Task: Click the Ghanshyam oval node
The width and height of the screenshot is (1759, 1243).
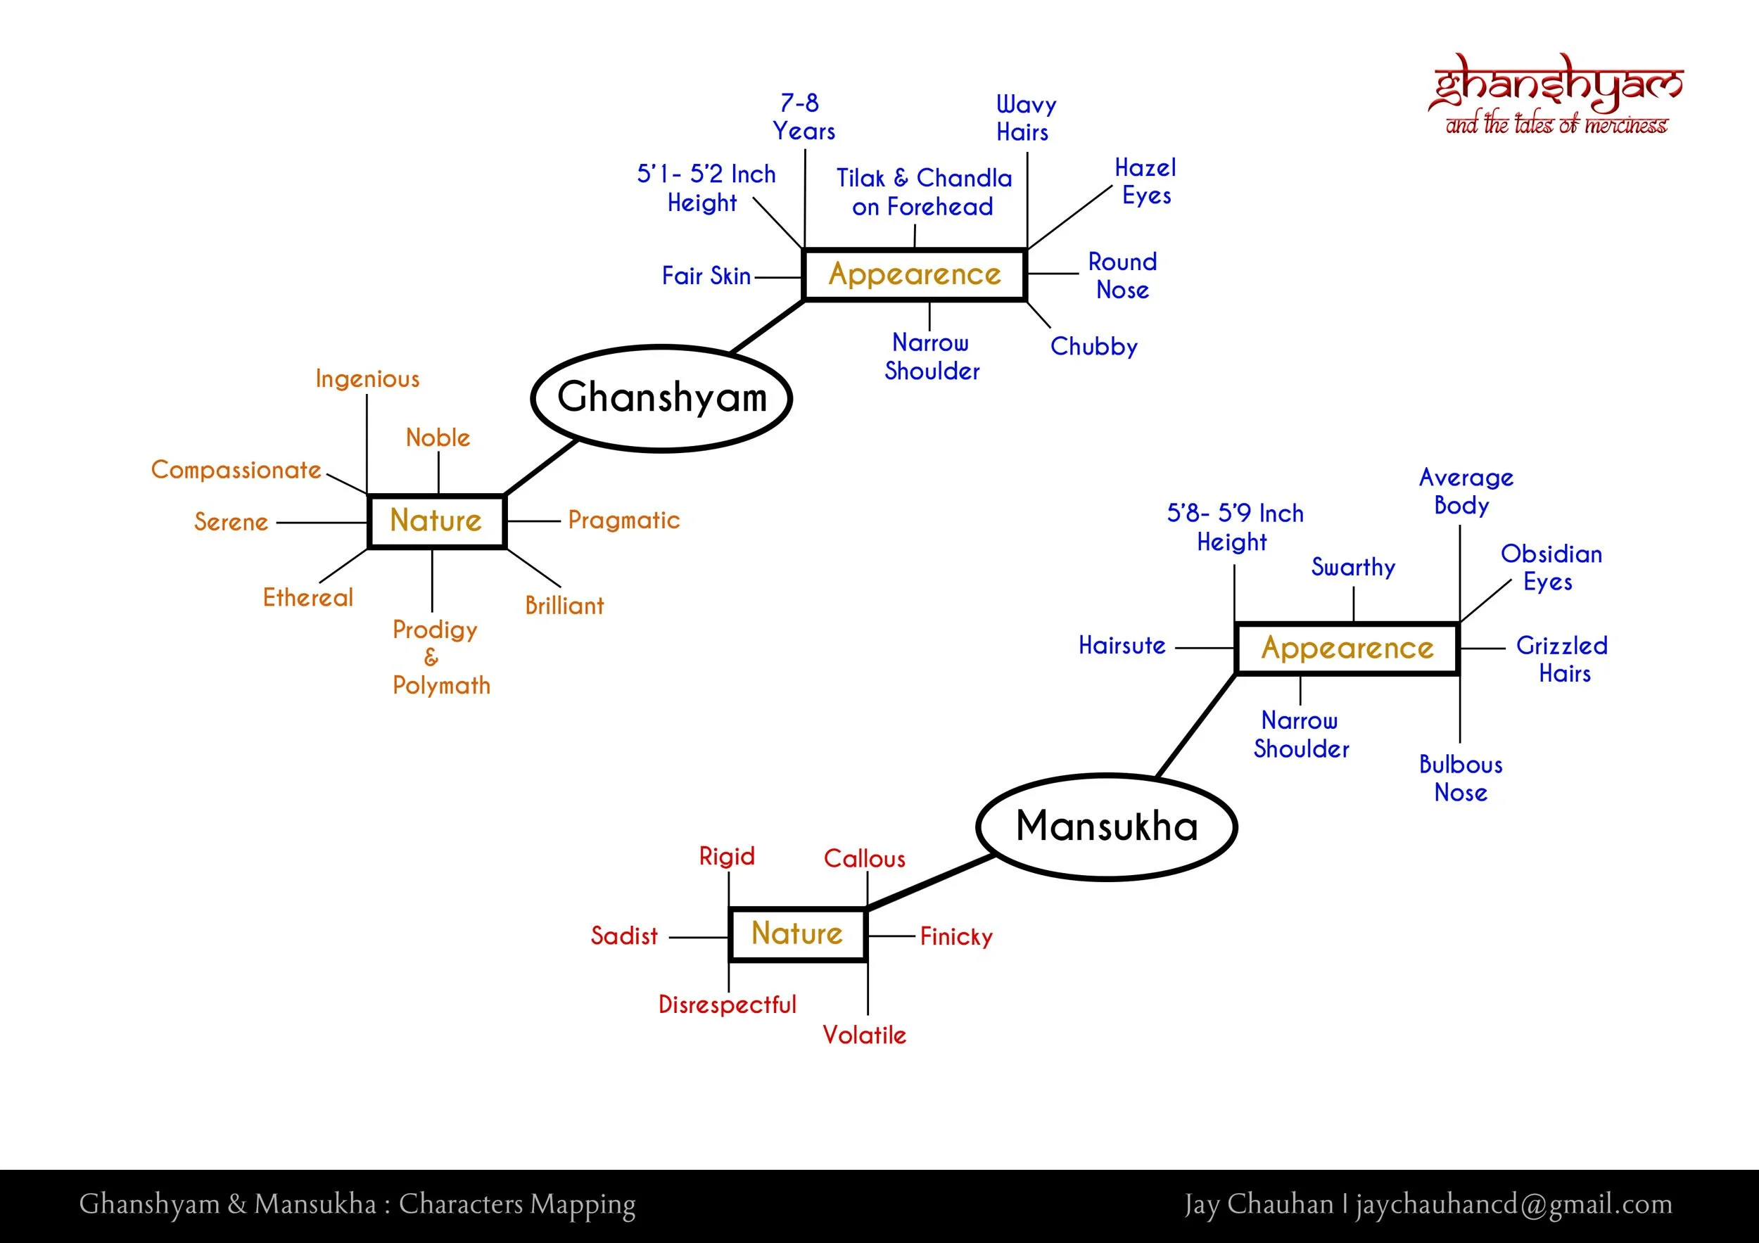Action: pyautogui.click(x=661, y=398)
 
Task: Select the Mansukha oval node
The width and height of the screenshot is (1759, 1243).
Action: pyautogui.click(x=1106, y=827)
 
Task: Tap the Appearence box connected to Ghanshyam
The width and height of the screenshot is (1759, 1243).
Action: pyautogui.click(x=915, y=274)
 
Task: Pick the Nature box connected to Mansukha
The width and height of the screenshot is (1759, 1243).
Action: pyautogui.click(x=797, y=933)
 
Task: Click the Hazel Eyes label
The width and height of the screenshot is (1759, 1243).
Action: pyautogui.click(x=1145, y=181)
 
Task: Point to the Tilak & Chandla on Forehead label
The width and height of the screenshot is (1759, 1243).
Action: pyautogui.click(x=923, y=192)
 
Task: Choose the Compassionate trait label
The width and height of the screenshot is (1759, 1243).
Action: pyautogui.click(x=236, y=469)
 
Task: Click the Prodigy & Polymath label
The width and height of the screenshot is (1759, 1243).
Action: pyautogui.click(x=440, y=657)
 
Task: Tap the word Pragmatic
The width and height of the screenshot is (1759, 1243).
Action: pyautogui.click(x=623, y=521)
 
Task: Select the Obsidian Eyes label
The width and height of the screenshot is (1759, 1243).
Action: pyautogui.click(x=1551, y=568)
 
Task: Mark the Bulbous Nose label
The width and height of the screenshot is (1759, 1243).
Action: pyautogui.click(x=1460, y=778)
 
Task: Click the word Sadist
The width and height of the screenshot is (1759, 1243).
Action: pyautogui.click(x=623, y=936)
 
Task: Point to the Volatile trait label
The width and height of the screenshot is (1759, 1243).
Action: pyautogui.click(x=864, y=1035)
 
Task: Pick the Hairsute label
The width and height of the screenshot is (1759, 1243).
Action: pyautogui.click(x=1122, y=646)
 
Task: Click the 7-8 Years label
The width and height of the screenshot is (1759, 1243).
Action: pyautogui.click(x=803, y=117)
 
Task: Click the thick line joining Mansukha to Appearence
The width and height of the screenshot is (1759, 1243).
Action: pyautogui.click(x=1196, y=726)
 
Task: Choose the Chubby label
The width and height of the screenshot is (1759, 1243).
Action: pyautogui.click(x=1093, y=347)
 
